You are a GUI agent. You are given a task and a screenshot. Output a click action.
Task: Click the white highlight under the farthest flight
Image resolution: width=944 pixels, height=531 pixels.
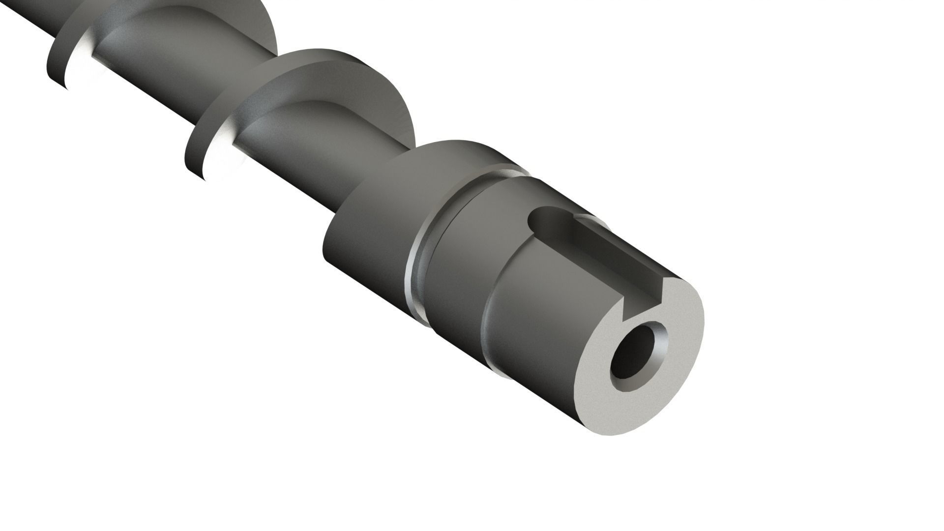tap(81, 64)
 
